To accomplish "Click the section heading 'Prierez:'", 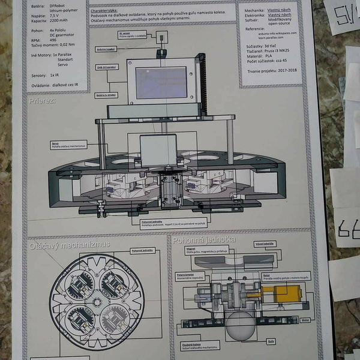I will (42, 101).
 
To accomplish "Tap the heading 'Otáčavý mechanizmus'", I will (69, 245).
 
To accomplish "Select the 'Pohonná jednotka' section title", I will (203, 240).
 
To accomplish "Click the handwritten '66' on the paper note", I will (348, 227).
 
